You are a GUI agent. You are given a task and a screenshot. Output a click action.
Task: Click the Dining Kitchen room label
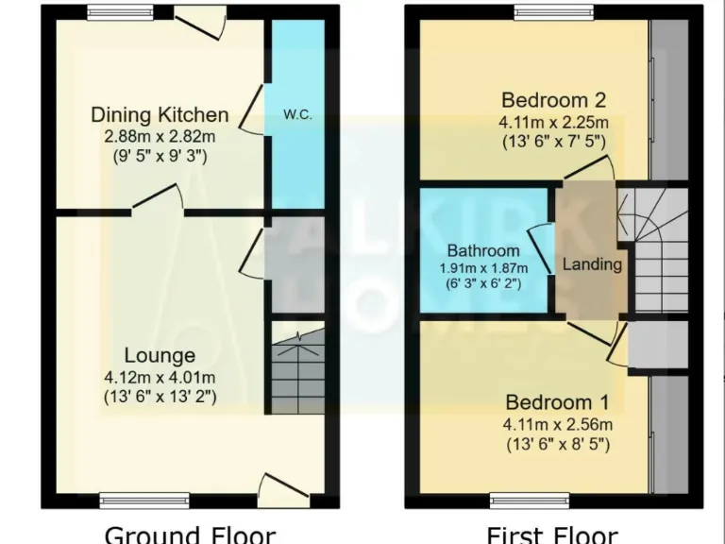160,115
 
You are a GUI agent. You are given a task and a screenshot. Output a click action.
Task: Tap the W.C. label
297,115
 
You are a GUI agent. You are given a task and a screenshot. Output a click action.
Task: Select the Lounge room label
160,356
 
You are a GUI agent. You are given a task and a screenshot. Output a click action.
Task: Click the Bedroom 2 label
553,100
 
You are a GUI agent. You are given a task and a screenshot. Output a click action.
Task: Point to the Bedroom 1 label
553,401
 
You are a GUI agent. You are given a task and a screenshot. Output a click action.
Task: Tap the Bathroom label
483,251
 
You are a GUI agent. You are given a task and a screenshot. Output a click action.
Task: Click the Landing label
592,264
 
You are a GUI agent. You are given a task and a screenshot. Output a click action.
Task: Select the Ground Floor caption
190,534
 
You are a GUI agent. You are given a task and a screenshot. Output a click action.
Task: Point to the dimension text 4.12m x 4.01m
160,377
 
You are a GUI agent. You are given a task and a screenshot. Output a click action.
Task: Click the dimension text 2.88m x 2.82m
160,136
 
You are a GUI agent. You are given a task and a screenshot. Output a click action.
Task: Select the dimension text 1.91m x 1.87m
483,267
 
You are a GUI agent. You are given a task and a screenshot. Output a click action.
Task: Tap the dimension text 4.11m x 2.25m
553,122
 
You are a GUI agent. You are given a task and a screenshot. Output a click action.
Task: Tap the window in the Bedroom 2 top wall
554,12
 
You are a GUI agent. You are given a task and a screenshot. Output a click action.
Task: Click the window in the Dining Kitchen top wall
119,12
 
